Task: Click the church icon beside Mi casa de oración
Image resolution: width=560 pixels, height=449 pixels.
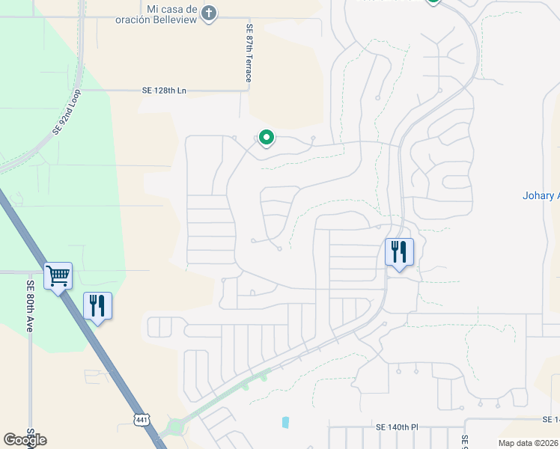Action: click(x=209, y=13)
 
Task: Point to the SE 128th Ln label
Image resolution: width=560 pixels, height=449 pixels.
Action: click(x=163, y=91)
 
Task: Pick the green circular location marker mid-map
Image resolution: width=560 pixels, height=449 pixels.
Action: click(x=266, y=138)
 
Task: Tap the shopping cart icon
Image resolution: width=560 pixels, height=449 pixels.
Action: click(x=58, y=276)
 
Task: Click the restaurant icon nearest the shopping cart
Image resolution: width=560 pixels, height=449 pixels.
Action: click(x=97, y=305)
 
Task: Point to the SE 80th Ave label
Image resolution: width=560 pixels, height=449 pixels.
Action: click(x=31, y=296)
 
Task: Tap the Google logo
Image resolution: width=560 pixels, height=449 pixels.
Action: click(x=25, y=439)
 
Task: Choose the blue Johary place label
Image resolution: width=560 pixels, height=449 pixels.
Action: click(x=541, y=196)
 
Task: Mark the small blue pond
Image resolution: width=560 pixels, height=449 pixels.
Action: click(x=285, y=422)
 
